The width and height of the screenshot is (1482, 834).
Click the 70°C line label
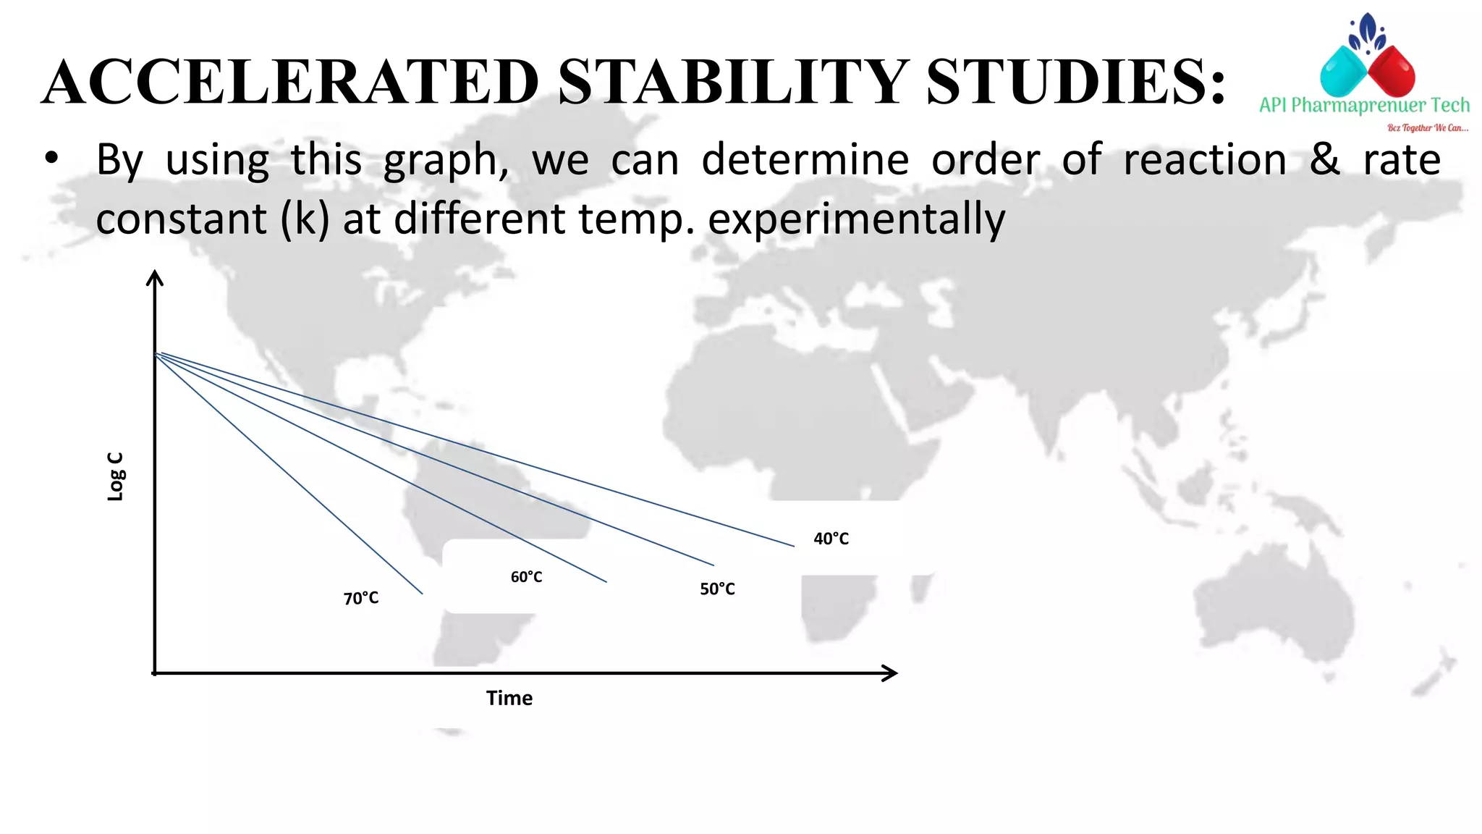(x=361, y=599)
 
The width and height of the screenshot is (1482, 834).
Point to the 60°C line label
(x=526, y=577)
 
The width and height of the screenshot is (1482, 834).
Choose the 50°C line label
(x=717, y=589)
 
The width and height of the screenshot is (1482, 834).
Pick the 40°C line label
(x=831, y=539)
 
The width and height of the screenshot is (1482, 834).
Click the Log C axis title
(x=116, y=476)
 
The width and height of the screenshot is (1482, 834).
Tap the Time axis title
(x=509, y=699)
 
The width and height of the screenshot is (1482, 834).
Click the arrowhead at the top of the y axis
(x=155, y=277)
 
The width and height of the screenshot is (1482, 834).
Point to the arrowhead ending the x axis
(x=891, y=673)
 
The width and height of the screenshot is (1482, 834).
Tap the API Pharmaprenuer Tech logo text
(x=1364, y=106)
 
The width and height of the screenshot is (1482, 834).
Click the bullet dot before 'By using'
(x=51, y=160)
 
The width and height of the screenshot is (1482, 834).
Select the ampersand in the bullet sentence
(x=1324, y=160)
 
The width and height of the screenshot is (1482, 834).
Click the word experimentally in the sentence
(x=856, y=219)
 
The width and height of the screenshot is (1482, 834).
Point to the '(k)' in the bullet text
(x=305, y=219)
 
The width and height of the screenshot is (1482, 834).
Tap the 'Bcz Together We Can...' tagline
(x=1427, y=128)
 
